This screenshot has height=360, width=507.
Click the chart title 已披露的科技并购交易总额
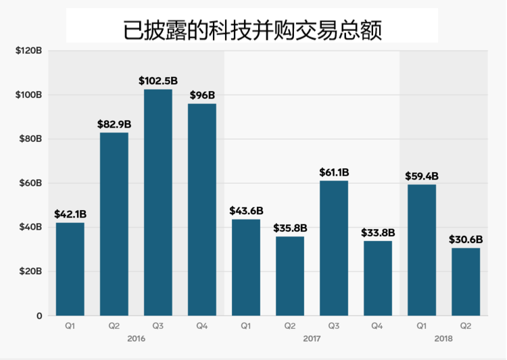point(252,29)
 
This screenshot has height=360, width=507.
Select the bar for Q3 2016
point(158,203)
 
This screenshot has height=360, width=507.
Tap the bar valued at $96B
point(202,209)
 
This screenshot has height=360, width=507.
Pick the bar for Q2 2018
point(466,282)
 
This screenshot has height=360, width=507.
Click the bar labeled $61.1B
point(334,248)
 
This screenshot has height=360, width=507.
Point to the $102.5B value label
point(158,80)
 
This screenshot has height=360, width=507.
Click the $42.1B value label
point(70,214)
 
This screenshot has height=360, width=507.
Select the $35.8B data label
point(290,228)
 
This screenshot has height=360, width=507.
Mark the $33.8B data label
point(378,232)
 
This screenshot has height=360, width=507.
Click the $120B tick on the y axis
point(28,51)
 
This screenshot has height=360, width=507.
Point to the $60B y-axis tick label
point(30,183)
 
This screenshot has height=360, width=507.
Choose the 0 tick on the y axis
point(39,315)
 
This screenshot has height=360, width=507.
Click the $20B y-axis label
point(30,272)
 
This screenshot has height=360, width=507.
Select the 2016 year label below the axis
point(136,338)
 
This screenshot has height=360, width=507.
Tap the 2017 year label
point(312,338)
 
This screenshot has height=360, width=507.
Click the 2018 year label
point(443,338)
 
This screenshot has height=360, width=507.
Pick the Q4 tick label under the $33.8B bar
point(378,326)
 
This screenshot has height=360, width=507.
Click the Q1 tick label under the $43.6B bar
point(246,326)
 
